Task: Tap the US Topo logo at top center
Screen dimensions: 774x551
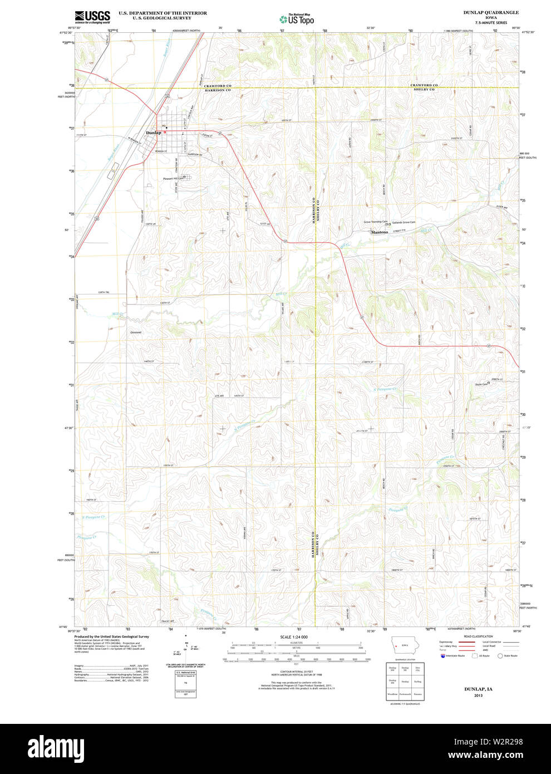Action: point(297,19)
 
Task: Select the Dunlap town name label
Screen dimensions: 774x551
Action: point(154,133)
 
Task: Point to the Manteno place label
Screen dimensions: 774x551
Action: point(380,232)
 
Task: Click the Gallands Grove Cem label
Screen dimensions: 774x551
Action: point(404,222)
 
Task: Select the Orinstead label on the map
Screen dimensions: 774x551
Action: point(136,332)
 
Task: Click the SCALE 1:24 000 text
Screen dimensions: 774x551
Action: point(294,637)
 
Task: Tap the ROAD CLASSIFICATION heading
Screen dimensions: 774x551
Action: point(478,636)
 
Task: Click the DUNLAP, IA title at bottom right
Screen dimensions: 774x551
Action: point(478,689)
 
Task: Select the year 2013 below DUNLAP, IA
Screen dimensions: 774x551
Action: point(478,695)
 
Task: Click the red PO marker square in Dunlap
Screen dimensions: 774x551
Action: point(165,132)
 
